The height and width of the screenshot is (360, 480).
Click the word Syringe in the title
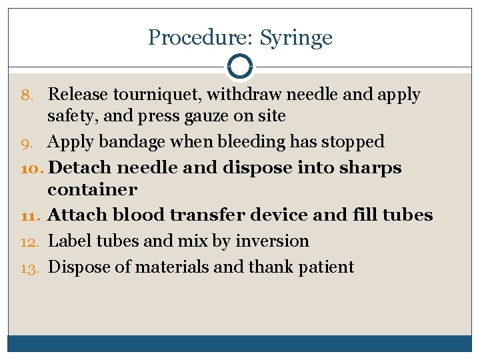(x=296, y=38)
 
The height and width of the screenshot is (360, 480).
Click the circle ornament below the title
(x=239, y=67)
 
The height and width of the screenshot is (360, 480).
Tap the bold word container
(x=92, y=189)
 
